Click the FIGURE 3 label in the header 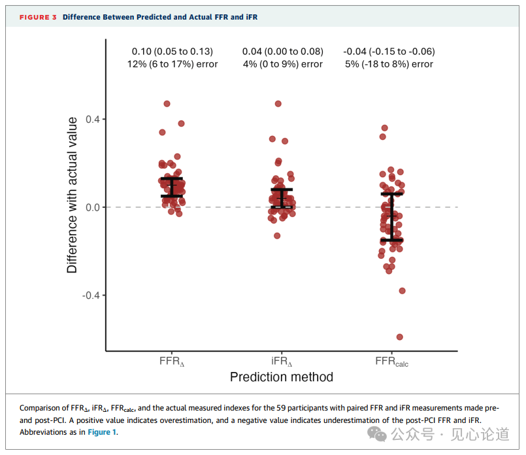(x=38, y=17)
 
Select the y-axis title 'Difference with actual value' (x=72, y=195)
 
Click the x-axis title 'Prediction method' (x=282, y=377)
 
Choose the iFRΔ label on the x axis (x=282, y=361)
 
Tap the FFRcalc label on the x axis (x=391, y=362)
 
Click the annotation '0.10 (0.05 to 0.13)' (x=173, y=51)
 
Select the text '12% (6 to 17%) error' (x=173, y=64)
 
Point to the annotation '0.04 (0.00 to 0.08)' (x=282, y=51)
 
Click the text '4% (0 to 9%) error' (x=282, y=64)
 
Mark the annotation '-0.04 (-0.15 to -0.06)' (x=389, y=51)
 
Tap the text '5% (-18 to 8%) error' (x=389, y=64)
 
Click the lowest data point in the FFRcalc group (x=400, y=337)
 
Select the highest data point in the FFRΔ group (x=167, y=104)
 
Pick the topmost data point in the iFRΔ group (x=278, y=104)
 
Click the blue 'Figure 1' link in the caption (x=102, y=432)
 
